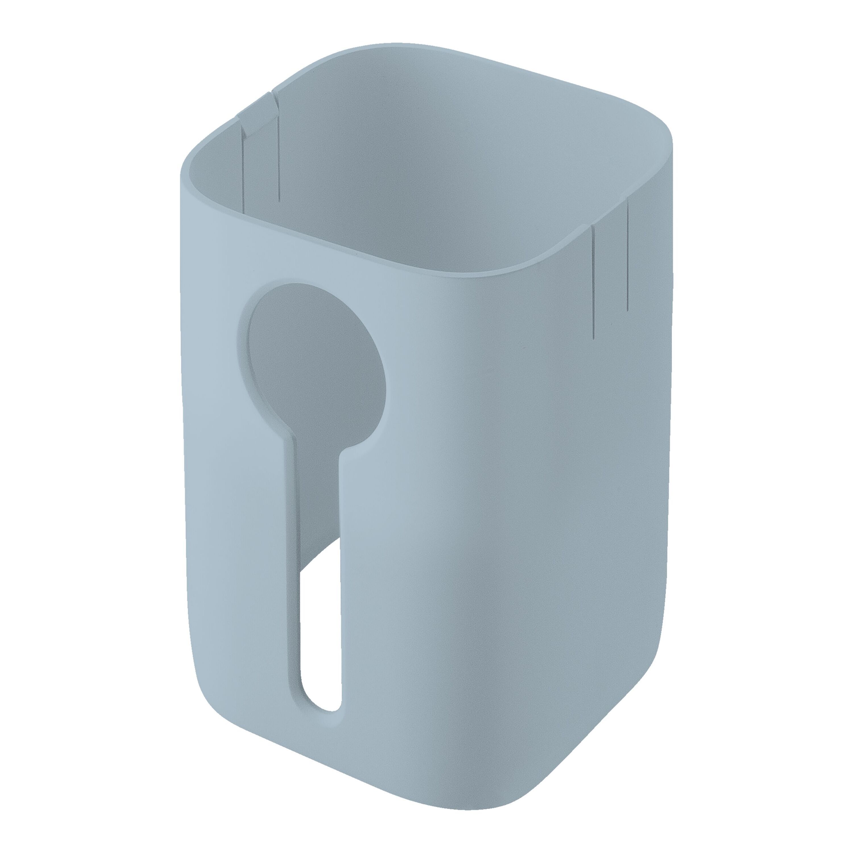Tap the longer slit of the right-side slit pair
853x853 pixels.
click(594, 283)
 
